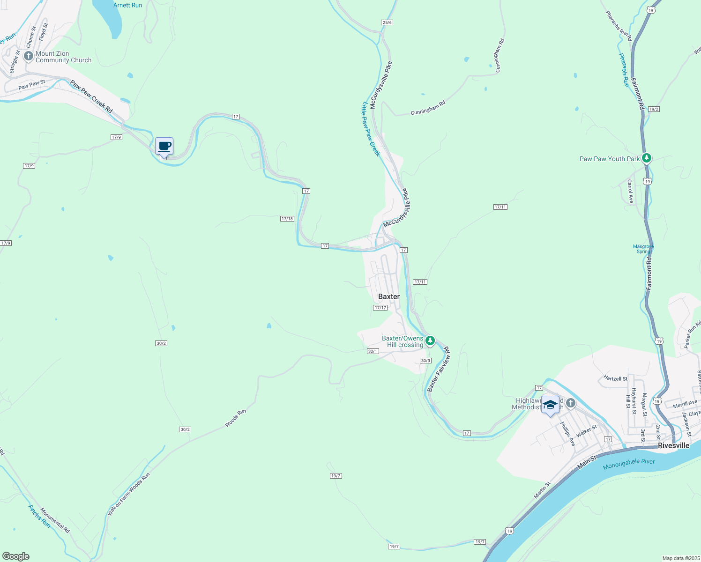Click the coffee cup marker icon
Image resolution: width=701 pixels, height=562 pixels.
(164, 146)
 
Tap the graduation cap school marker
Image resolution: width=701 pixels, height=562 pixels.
(550, 405)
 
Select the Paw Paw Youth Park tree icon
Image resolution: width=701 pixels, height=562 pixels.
(647, 158)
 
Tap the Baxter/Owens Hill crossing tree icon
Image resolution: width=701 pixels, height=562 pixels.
(430, 340)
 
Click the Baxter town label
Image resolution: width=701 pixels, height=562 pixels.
(389, 296)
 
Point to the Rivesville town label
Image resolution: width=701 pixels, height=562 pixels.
(673, 445)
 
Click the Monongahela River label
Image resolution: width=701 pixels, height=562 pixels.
(629, 464)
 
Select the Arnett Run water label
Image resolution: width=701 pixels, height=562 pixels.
(127, 5)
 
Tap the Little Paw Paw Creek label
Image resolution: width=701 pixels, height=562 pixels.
(371, 129)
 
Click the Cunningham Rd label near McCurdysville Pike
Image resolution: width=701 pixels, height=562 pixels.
(428, 108)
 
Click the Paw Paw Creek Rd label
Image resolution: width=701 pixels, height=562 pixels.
(91, 96)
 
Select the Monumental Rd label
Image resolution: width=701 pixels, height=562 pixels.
(55, 520)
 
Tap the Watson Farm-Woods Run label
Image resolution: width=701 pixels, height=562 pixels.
(129, 494)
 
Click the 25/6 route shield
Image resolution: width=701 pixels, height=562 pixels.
(387, 22)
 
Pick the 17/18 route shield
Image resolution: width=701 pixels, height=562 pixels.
(287, 219)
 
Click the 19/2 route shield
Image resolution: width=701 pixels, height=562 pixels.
(654, 109)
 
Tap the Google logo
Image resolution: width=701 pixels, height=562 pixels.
(16, 556)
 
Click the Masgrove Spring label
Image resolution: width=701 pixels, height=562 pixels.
(643, 249)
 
